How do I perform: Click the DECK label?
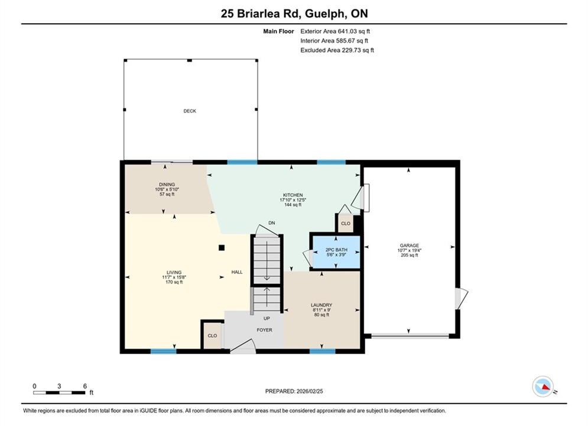tap(190, 111)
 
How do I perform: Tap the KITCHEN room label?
tap(293, 195)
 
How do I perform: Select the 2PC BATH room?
tap(336, 252)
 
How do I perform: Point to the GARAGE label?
tap(409, 246)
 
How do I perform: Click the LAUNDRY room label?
tap(321, 305)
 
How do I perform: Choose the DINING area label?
tap(167, 185)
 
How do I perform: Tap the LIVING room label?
tap(174, 273)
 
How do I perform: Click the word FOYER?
tap(264, 330)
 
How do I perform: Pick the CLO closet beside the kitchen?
tap(346, 223)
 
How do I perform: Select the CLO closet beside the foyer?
tap(212, 335)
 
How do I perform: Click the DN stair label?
tap(271, 223)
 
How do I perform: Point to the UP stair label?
tap(267, 318)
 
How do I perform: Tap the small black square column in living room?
tap(222, 248)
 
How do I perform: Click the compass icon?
tap(542, 386)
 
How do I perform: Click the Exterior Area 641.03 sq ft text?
tap(335, 31)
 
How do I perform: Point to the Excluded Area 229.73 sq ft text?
tap(337, 50)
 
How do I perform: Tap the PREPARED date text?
tap(294, 391)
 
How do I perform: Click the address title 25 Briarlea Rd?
tap(261, 14)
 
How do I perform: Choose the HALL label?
tap(237, 272)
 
